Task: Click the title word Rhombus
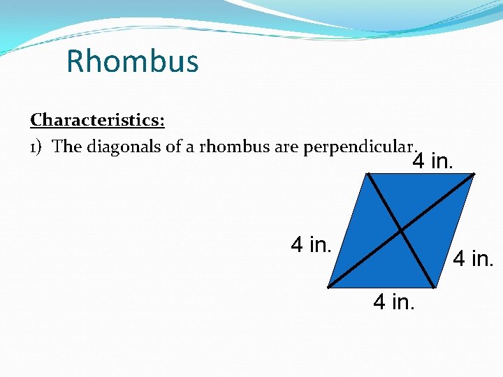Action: tap(132, 61)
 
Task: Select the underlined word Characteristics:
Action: tap(97, 120)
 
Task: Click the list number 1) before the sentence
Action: tap(38, 147)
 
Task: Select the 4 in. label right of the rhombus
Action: tap(474, 260)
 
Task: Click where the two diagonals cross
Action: tap(400, 229)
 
